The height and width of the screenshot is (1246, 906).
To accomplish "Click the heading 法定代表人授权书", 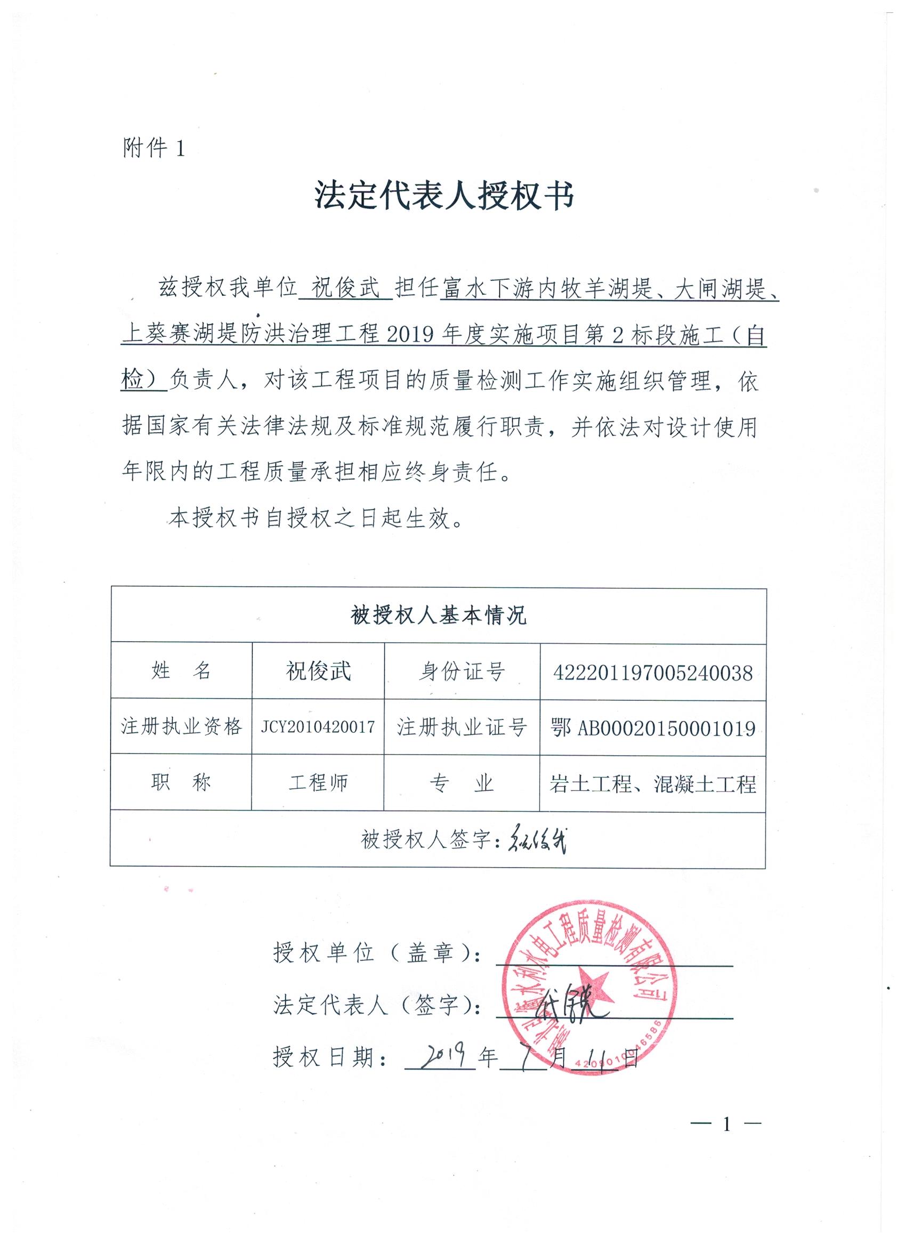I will (444, 196).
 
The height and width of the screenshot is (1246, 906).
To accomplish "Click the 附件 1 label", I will (154, 148).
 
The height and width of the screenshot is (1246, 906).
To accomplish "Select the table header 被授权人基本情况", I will (438, 616).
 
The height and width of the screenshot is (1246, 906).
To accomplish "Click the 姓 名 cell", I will (181, 671).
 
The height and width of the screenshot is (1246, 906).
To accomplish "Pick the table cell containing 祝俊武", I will (318, 671).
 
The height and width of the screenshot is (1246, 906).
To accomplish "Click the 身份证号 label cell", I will (462, 671).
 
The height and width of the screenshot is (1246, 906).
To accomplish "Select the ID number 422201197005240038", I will (653, 672).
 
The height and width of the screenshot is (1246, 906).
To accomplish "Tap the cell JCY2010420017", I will (318, 727).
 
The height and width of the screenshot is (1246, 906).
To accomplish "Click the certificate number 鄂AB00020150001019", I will (653, 728).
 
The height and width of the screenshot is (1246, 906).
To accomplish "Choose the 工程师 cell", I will (318, 783).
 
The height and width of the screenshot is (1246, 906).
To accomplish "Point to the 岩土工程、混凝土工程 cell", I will (653, 784).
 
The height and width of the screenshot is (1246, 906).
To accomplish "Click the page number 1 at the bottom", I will (726, 1124).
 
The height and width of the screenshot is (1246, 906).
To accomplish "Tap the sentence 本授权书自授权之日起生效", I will (316, 519).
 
